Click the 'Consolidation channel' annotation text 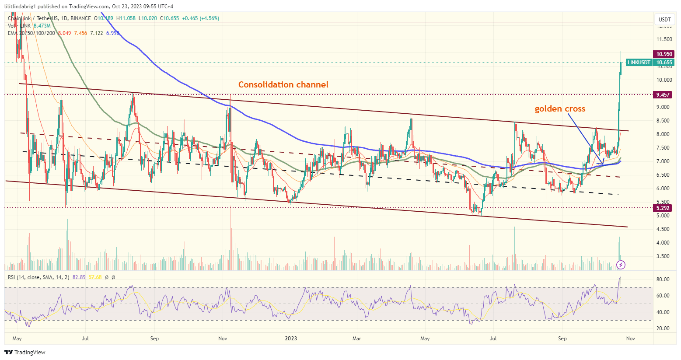(283, 84)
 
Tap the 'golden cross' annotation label (560, 109)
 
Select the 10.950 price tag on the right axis (664, 54)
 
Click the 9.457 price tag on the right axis (664, 94)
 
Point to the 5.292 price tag (664, 208)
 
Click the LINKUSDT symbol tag (639, 63)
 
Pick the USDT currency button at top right (664, 19)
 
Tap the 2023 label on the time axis (291, 338)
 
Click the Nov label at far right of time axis (630, 338)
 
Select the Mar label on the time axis (357, 338)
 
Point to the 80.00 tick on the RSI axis (664, 280)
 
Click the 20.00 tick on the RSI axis (664, 329)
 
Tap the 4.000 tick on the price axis (664, 243)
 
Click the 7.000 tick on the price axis (664, 161)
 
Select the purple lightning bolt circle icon (621, 265)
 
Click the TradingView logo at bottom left (25, 352)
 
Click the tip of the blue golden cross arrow (604, 165)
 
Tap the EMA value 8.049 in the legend (64, 33)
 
